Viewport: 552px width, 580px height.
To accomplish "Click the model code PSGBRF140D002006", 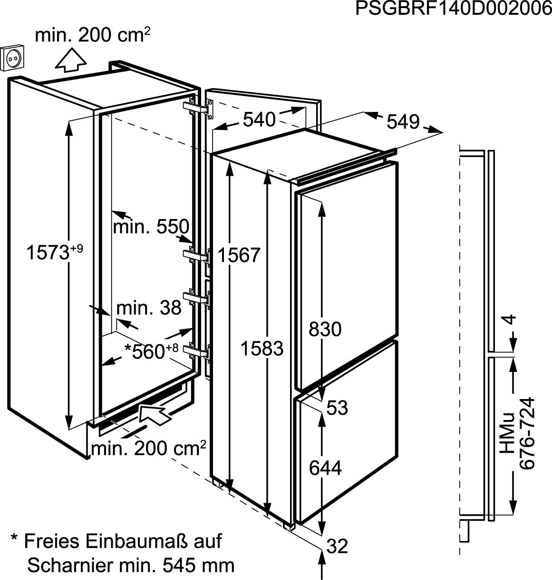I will click(453, 10).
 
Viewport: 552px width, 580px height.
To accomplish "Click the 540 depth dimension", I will click(259, 120).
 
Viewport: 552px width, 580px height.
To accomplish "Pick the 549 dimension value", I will click(403, 122).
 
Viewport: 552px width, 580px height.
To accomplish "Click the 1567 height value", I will click(239, 255).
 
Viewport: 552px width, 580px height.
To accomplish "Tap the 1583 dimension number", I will click(261, 349).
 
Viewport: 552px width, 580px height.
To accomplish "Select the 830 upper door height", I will click(325, 329).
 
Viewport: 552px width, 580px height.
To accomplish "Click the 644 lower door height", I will click(325, 469).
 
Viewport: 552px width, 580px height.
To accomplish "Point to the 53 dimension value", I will click(338, 408).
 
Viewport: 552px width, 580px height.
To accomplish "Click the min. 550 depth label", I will click(151, 227).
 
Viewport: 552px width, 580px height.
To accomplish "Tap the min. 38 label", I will click(149, 308).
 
